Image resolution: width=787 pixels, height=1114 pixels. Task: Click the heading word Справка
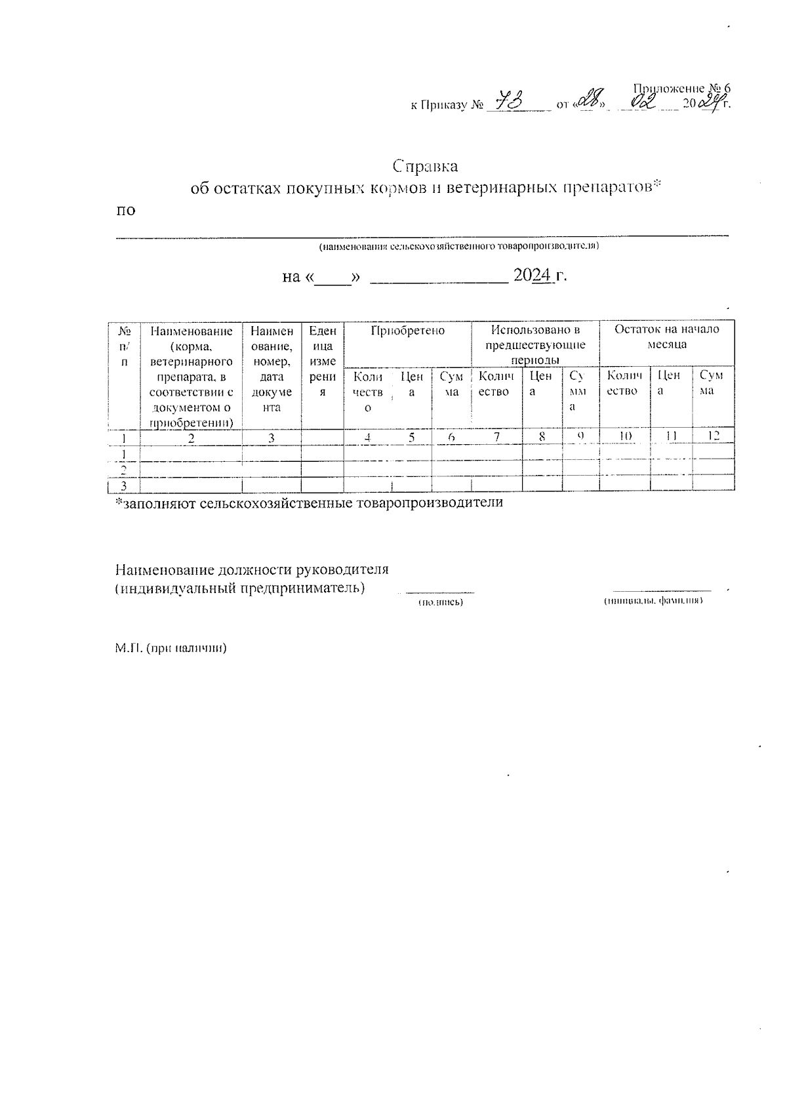pyautogui.click(x=425, y=165)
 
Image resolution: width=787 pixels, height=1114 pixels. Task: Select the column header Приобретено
pyautogui.click(x=407, y=331)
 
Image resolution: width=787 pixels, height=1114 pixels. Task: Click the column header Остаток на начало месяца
pyautogui.click(x=666, y=337)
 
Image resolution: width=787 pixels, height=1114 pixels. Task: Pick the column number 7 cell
pyautogui.click(x=498, y=436)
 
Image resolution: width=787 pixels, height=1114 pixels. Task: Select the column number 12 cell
pyautogui.click(x=714, y=436)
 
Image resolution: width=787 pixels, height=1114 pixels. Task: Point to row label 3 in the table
pyautogui.click(x=123, y=485)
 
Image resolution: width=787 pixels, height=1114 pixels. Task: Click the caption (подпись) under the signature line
pyautogui.click(x=441, y=602)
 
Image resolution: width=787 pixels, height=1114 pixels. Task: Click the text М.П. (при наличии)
pyautogui.click(x=171, y=648)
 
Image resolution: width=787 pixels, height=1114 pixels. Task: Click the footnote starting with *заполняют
pyautogui.click(x=309, y=503)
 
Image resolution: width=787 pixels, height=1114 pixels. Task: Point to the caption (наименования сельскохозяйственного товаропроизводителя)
pyautogui.click(x=458, y=247)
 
